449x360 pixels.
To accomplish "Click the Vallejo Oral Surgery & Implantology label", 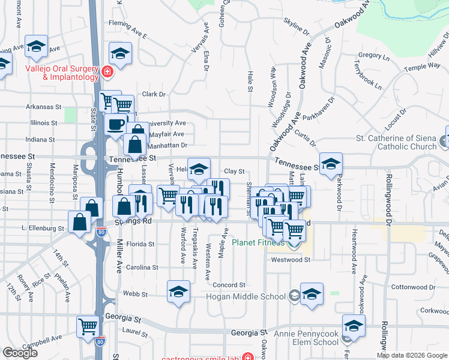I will point(61,73).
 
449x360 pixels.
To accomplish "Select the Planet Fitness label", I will point(258,243).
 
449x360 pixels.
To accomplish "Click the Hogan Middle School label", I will point(246,296).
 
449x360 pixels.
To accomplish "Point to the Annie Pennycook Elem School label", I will point(306,337).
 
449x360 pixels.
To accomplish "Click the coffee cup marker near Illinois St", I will point(115,124).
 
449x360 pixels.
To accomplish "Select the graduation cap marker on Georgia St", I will point(354,326).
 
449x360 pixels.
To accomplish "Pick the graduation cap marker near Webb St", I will point(178,292).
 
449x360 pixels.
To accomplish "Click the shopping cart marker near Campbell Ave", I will point(88,326).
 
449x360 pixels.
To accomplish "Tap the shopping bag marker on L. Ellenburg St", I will point(80,221).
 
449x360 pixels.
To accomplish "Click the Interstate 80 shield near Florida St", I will point(101,232).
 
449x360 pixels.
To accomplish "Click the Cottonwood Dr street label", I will point(412,287).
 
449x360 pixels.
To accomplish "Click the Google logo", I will point(20,353).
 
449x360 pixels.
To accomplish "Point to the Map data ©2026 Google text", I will point(412,355).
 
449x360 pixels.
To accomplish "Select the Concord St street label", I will point(229,285).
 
